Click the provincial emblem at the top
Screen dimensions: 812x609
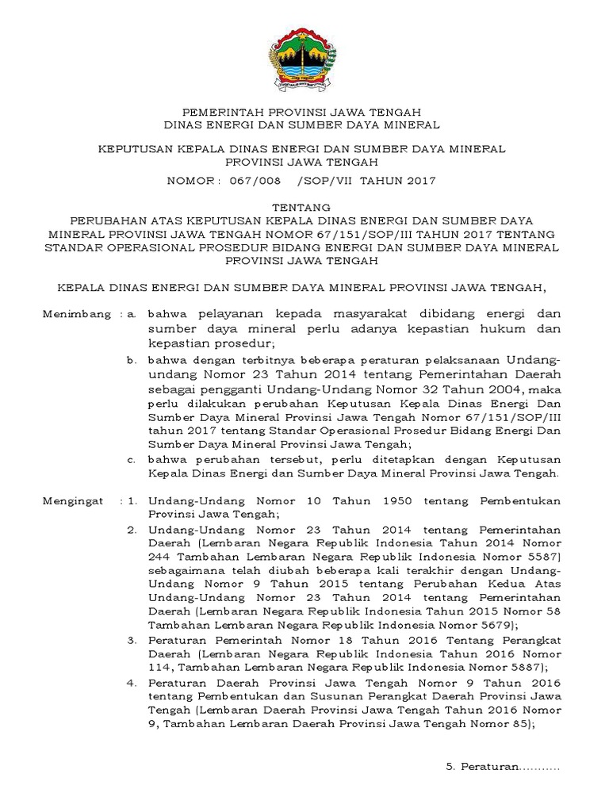(304, 60)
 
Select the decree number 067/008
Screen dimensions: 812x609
(255, 181)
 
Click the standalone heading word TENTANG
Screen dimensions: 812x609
(304, 206)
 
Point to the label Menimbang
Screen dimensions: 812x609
(77, 315)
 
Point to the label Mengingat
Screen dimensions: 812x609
(75, 501)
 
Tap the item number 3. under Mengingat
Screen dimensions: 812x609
(132, 639)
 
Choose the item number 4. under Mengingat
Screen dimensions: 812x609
(132, 682)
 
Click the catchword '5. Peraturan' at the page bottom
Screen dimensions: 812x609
(502, 768)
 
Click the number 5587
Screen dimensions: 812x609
(542, 558)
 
